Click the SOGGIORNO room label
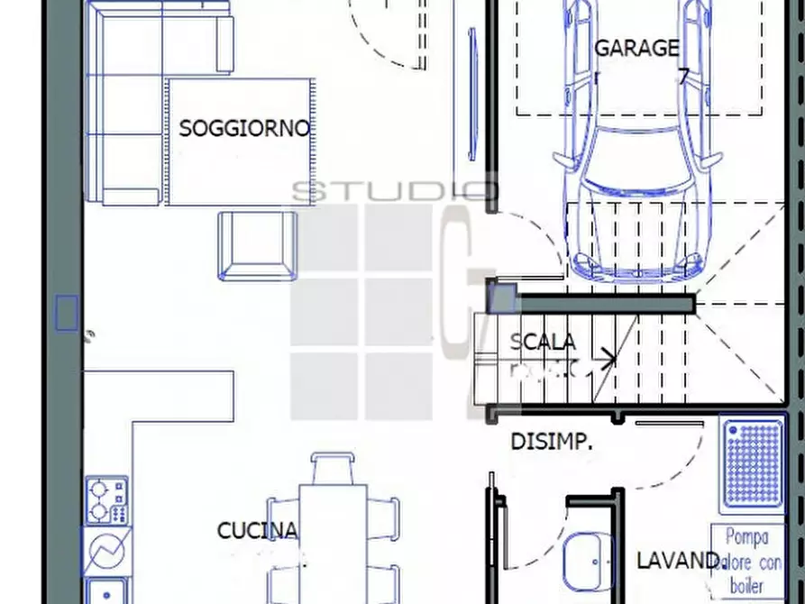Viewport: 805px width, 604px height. coord(244,128)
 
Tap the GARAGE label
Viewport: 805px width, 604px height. coord(636,48)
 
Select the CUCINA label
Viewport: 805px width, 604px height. coord(257,531)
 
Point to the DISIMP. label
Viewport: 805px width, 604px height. coord(552,442)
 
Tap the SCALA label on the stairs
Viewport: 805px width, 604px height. coord(543,343)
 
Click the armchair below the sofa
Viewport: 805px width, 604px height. coord(257,244)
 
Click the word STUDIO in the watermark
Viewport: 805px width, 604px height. coord(393,191)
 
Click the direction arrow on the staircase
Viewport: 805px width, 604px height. coord(605,360)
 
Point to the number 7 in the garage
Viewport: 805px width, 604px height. coord(684,78)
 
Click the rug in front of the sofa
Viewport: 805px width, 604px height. coord(242,140)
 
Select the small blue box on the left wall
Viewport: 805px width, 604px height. coord(68,313)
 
